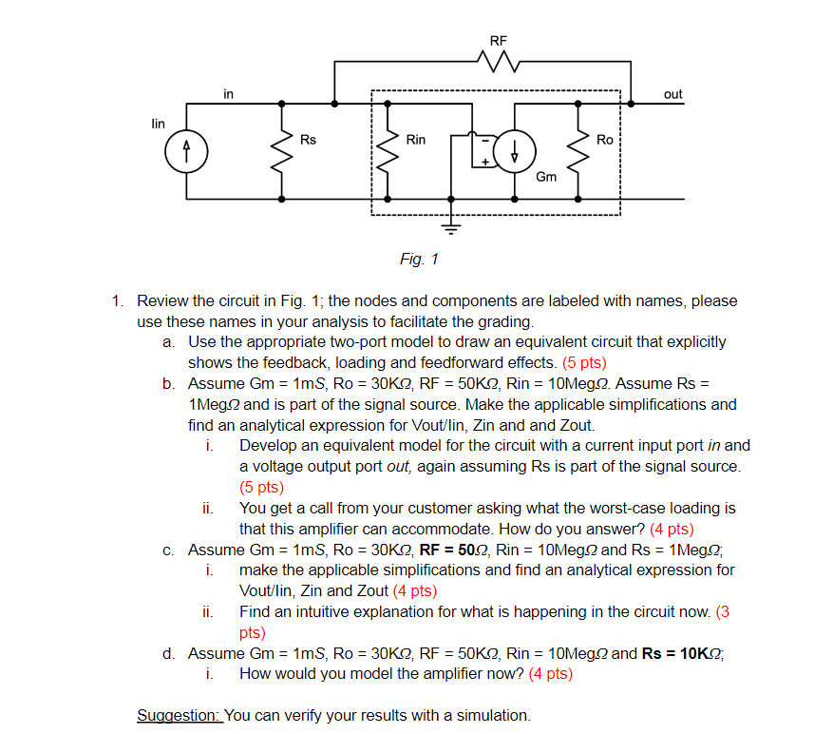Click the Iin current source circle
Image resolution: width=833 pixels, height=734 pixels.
click(186, 150)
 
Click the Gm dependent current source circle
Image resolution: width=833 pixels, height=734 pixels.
click(516, 150)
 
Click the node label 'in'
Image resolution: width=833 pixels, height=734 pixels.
click(229, 93)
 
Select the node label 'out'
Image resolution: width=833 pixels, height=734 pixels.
click(672, 94)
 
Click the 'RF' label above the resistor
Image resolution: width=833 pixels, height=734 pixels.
click(499, 41)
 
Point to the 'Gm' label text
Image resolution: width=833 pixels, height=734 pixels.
click(546, 177)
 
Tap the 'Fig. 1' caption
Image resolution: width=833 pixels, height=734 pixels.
click(419, 259)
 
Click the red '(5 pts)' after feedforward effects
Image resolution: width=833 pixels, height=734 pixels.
click(584, 362)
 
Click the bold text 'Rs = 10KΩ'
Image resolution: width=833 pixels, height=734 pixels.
click(681, 653)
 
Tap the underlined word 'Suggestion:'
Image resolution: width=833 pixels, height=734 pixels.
click(180, 715)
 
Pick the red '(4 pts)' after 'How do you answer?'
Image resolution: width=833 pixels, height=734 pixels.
click(672, 529)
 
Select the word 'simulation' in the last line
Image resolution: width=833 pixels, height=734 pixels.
click(493, 715)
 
